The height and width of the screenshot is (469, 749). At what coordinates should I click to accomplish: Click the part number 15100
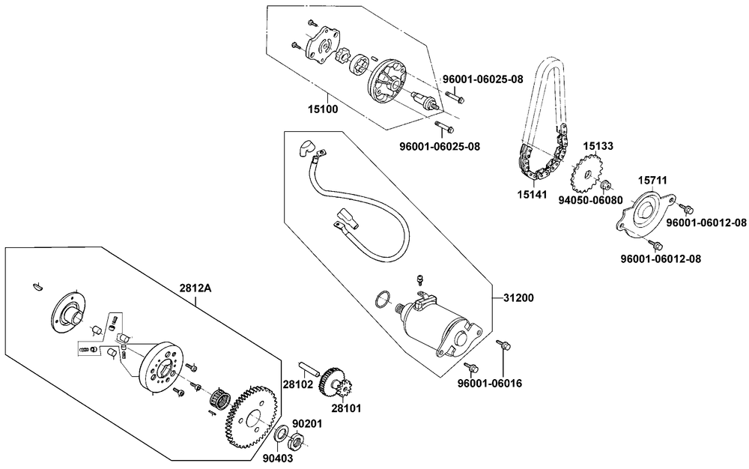[x=323, y=109]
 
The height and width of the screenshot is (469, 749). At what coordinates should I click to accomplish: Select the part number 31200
[x=518, y=297]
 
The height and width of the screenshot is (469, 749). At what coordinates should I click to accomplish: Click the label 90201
[x=307, y=424]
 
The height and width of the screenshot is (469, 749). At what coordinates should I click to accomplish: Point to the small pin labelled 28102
[x=309, y=370]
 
